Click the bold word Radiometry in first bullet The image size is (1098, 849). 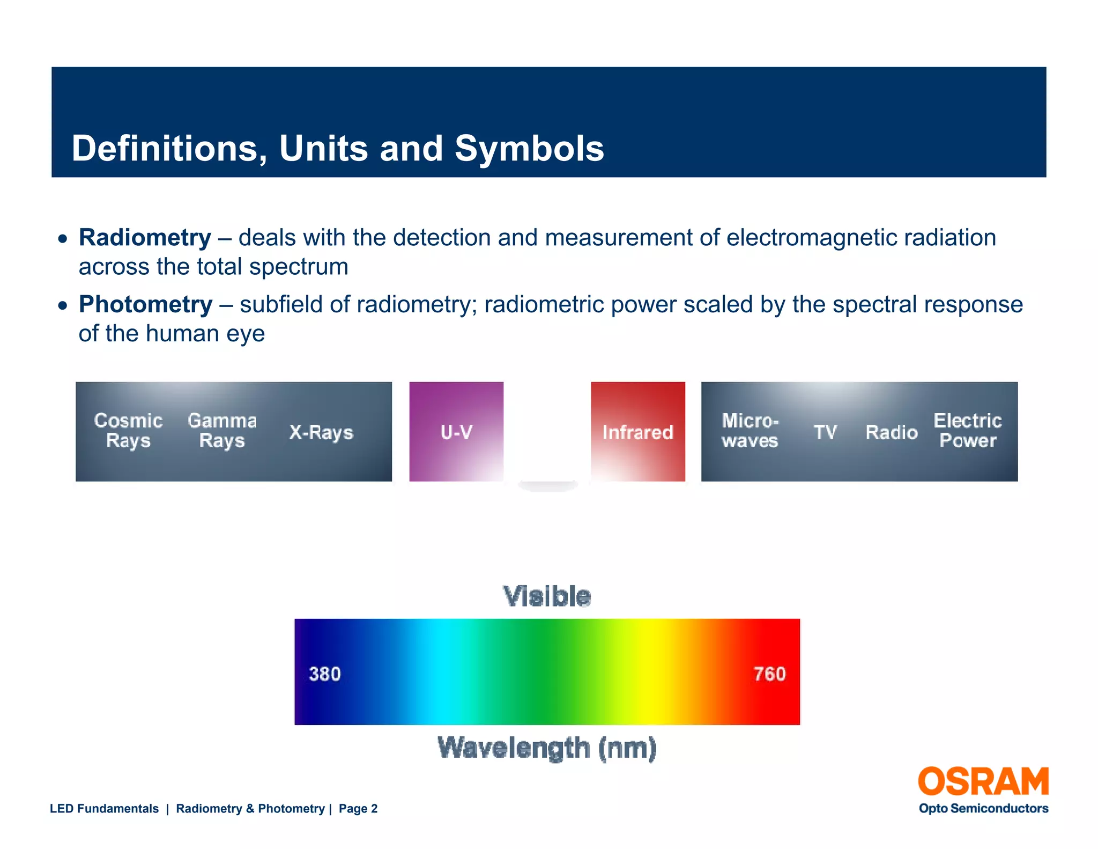click(x=145, y=238)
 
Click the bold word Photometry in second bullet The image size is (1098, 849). click(x=145, y=305)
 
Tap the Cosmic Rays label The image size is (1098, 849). click(x=128, y=430)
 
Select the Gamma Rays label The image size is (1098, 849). click(x=222, y=430)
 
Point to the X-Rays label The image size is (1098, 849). click(x=321, y=432)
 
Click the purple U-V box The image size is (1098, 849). click(x=456, y=431)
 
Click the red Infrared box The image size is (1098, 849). click(x=637, y=431)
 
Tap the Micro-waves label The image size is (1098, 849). click(x=750, y=430)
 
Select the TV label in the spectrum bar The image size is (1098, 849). click(x=825, y=432)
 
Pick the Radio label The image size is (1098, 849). click(x=892, y=432)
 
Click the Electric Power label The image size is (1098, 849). click(x=967, y=430)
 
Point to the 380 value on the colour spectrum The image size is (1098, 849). click(x=325, y=674)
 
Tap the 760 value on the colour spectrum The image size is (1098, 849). click(x=769, y=674)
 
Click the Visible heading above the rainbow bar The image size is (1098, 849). click(x=547, y=596)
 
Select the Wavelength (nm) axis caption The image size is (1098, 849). click(x=547, y=748)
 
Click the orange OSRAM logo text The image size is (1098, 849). click(x=983, y=781)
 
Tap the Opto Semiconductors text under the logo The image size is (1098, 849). click(x=983, y=808)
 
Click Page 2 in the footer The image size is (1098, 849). click(x=358, y=809)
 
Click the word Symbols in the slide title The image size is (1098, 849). click(x=529, y=149)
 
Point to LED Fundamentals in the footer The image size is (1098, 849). click(x=104, y=809)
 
